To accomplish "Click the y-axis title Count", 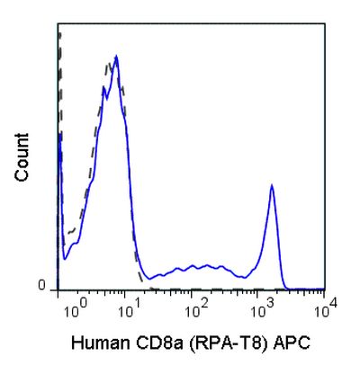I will point(22,157).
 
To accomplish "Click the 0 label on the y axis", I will point(40,286).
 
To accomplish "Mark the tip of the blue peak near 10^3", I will point(272,186).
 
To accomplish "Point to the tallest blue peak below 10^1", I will point(116,57).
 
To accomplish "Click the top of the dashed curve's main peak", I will point(109,63).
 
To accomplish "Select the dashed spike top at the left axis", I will point(58,34).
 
